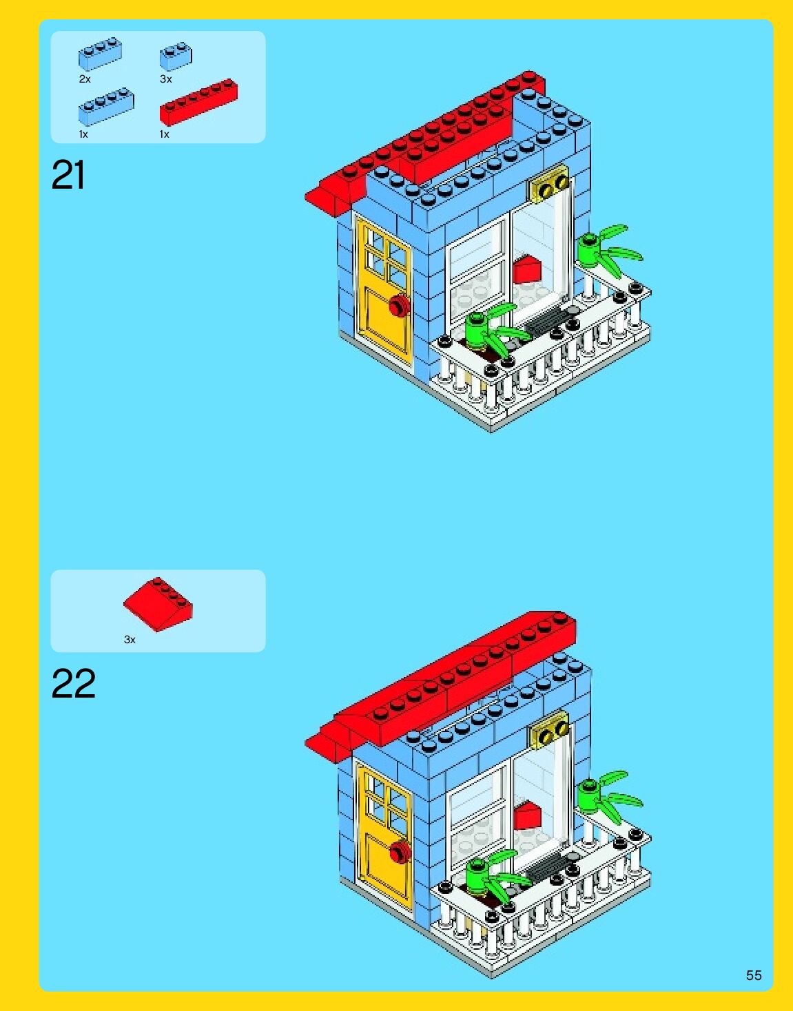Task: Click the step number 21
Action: [68, 175]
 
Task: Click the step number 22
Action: [73, 683]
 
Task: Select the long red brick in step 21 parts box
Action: [198, 102]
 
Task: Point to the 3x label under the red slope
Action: [130, 640]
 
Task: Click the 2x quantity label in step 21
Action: [85, 79]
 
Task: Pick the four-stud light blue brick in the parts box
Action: [106, 106]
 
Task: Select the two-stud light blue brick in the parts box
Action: [176, 56]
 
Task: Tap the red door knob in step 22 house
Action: [398, 851]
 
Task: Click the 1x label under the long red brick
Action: [164, 134]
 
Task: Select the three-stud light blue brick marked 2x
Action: [100, 54]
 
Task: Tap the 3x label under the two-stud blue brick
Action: [165, 79]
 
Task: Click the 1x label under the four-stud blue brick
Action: [83, 134]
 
